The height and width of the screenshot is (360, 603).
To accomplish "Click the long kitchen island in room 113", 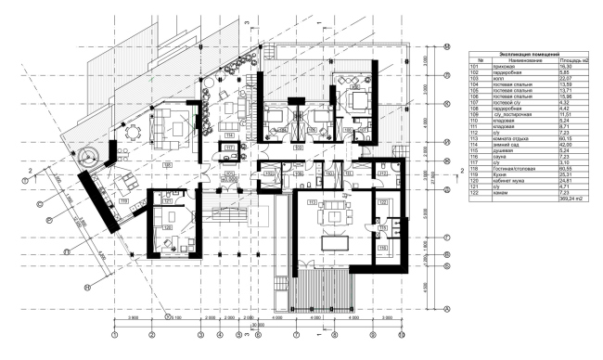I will [333, 244].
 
